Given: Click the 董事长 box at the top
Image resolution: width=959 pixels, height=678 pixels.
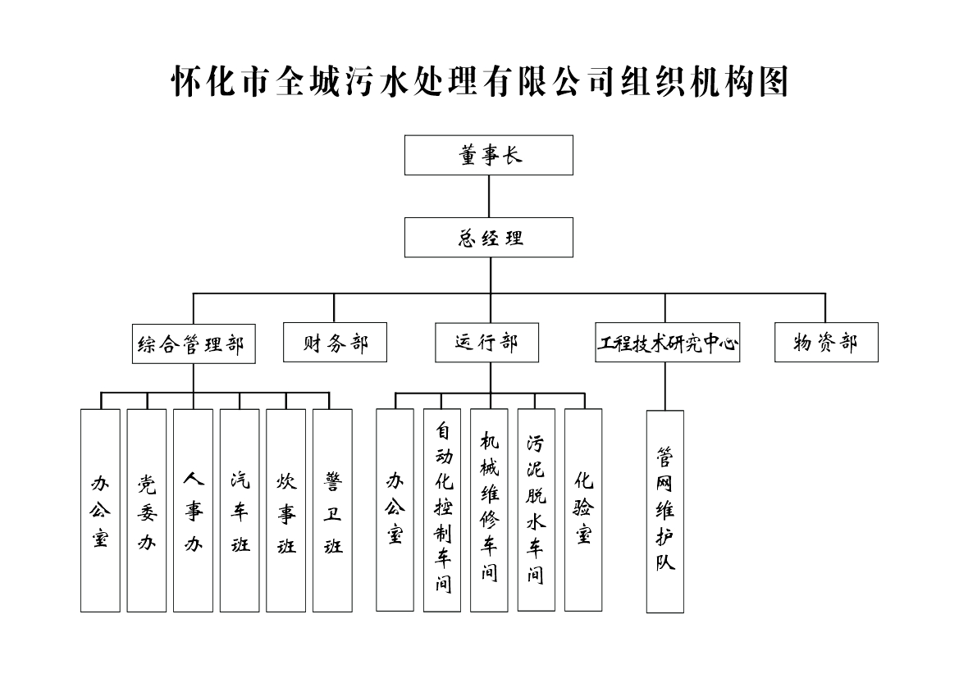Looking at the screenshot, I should click(x=488, y=156).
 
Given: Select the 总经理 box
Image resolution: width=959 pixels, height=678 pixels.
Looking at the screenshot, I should click(x=488, y=238).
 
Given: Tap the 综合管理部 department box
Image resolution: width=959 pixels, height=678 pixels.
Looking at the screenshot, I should click(x=194, y=344).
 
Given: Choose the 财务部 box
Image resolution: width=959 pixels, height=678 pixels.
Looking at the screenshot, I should click(x=335, y=343).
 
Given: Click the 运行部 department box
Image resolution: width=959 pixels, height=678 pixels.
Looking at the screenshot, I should click(x=486, y=343).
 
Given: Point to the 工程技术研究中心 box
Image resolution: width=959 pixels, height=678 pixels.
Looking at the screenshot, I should click(x=667, y=343).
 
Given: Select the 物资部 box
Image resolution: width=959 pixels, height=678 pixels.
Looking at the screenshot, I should click(x=825, y=343).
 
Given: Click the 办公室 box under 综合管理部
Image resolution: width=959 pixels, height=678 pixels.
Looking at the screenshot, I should click(x=100, y=510).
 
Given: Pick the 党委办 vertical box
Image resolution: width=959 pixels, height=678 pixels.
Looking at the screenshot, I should click(x=146, y=510).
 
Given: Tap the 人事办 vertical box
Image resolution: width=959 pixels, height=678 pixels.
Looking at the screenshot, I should click(x=193, y=510).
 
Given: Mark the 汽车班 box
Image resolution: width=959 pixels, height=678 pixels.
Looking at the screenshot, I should click(x=240, y=510).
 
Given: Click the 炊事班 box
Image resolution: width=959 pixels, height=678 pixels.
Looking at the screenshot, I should click(x=285, y=510).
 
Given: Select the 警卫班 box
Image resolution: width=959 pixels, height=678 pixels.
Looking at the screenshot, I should click(x=332, y=510).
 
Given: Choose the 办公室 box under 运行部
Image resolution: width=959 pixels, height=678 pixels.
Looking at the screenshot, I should click(x=395, y=509).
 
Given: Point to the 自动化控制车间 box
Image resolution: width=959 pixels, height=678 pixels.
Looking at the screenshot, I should click(x=442, y=509).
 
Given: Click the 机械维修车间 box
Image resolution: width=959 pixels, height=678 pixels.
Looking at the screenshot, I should click(x=489, y=509).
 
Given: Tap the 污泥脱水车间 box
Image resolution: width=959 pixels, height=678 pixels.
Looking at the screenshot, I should click(x=536, y=509).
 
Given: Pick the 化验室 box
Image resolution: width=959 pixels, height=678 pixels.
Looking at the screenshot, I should click(x=583, y=509).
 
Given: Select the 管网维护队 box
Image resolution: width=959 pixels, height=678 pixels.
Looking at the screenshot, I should click(x=664, y=511).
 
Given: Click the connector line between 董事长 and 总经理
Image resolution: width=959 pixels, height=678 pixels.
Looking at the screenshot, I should click(x=489, y=196).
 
